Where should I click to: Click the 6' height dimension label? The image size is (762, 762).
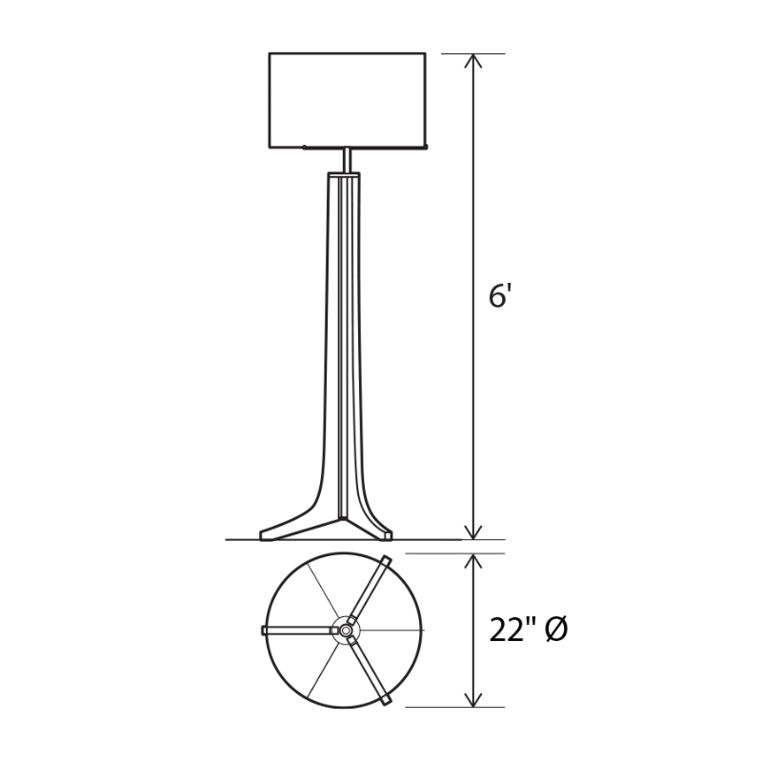500,296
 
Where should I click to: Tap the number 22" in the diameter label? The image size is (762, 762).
512,630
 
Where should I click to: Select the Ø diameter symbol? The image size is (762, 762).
557,630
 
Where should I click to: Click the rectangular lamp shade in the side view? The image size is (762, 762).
347,99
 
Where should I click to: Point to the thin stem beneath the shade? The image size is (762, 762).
347,160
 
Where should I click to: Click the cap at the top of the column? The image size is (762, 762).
344,176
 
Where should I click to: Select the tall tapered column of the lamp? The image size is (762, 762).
344,343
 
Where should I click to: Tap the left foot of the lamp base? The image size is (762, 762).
286,530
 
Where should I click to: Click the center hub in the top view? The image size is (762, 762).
345,630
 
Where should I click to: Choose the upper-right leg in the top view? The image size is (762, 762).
370,590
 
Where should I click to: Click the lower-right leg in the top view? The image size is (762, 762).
370,671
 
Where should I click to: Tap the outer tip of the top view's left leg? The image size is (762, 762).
265,630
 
